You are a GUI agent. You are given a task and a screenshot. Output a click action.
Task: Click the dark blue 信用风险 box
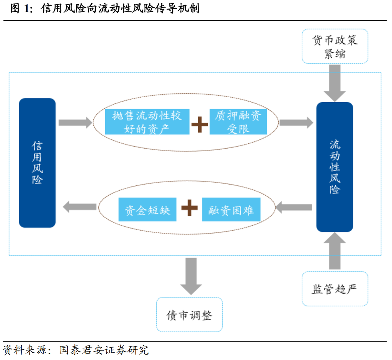[x=37, y=163]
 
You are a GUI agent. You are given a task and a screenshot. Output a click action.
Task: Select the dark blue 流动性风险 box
[x=335, y=167]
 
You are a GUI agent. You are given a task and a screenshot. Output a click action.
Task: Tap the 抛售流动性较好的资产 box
[x=147, y=122]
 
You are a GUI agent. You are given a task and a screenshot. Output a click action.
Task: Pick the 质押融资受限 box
[x=238, y=122]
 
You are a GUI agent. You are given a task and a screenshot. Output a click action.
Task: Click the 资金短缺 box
[x=147, y=209]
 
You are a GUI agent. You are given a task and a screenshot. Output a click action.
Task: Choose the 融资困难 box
[x=231, y=209]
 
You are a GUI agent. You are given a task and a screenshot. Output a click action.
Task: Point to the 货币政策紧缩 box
[x=335, y=46]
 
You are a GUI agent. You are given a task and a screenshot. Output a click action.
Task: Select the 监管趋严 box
[x=335, y=289]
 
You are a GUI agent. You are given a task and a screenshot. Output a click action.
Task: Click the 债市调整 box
[x=189, y=315]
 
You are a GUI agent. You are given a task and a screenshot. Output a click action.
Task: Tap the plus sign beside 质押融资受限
[x=200, y=124]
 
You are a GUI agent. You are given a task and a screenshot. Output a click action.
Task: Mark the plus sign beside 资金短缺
[x=189, y=208]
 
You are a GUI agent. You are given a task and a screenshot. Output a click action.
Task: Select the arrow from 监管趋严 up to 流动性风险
[x=335, y=251]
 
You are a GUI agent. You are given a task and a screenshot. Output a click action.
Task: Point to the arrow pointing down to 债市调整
[x=191, y=277]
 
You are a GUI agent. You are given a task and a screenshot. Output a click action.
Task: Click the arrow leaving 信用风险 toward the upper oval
[x=75, y=123]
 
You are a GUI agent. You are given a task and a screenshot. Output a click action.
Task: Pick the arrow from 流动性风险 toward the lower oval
[x=294, y=207]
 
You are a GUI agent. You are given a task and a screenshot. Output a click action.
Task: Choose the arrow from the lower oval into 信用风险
[x=80, y=207]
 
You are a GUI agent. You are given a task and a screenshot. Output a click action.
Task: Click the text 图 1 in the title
[x=21, y=8]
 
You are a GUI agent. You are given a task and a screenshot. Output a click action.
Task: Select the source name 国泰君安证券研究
[x=104, y=350]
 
